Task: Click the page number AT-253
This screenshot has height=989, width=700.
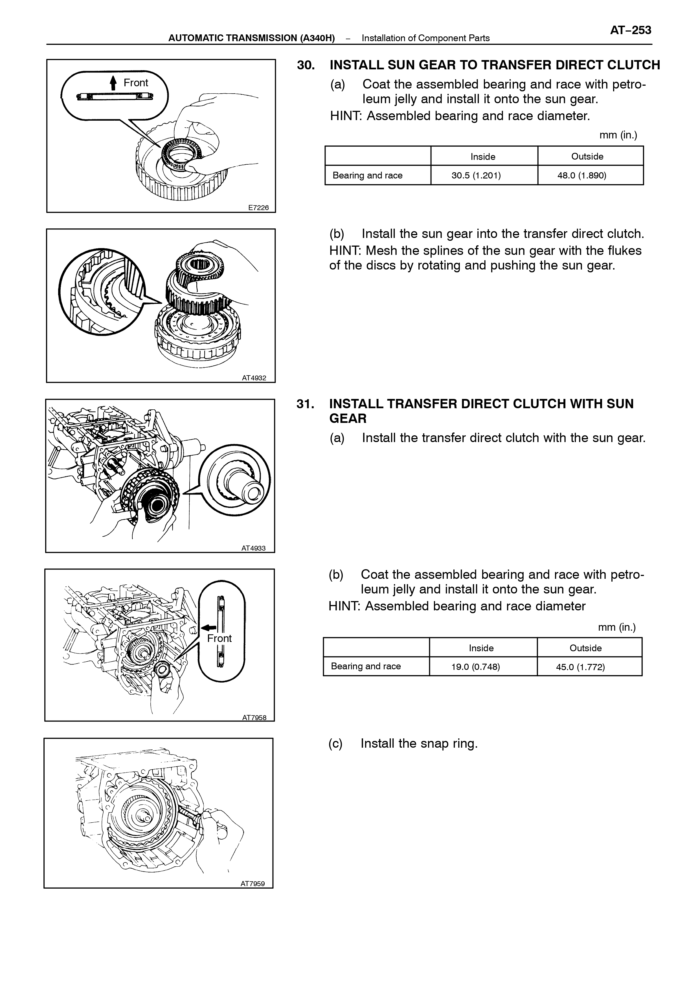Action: (630, 30)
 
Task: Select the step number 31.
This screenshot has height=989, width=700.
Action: (305, 404)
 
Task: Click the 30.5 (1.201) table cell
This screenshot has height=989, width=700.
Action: (476, 175)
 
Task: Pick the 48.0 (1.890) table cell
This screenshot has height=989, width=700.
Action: (581, 175)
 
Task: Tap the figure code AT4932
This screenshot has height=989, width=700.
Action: (254, 378)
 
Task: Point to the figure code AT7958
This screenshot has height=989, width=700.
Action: (254, 718)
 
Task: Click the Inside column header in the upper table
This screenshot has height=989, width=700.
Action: (483, 156)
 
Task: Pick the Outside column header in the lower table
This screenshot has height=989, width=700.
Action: (585, 648)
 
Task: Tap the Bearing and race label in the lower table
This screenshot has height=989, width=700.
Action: (366, 666)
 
